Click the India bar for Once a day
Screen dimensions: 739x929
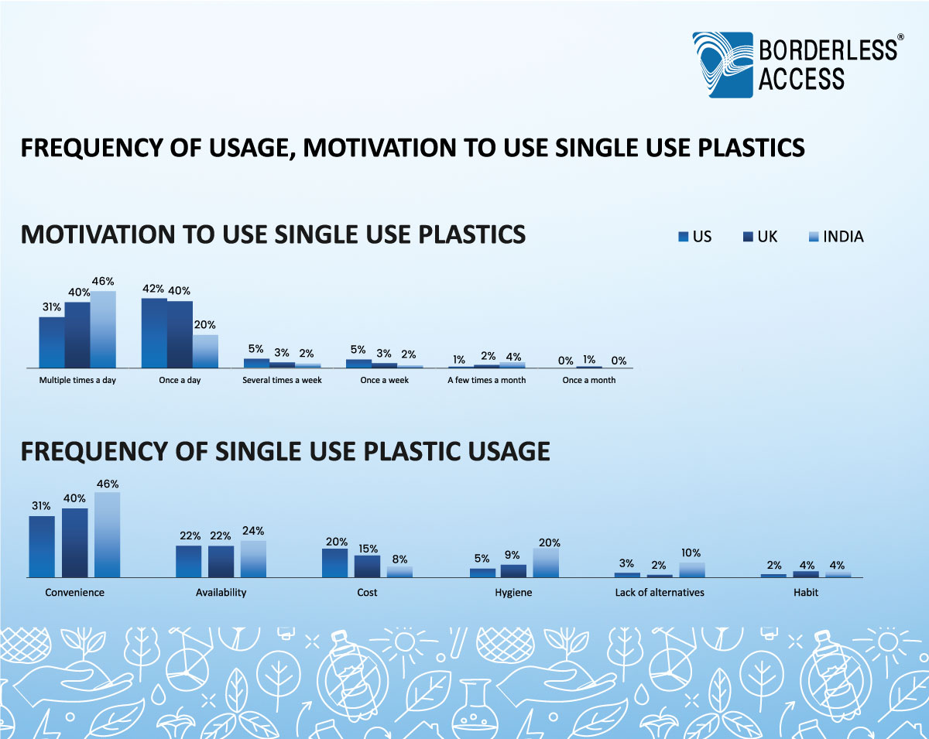coord(205,351)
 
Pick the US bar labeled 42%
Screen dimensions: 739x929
coord(154,333)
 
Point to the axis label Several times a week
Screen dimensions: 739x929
coord(282,381)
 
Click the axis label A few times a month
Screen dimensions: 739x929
coord(486,381)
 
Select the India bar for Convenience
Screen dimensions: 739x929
coord(108,535)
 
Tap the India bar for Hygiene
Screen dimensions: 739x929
coord(546,563)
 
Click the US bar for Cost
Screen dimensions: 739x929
coord(335,563)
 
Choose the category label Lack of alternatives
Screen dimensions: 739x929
coord(659,593)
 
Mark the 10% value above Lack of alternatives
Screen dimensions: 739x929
coord(691,553)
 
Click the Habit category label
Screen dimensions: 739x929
coord(805,593)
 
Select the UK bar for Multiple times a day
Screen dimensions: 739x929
coord(77,335)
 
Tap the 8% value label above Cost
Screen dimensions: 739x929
coord(399,559)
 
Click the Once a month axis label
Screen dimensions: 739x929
coord(589,381)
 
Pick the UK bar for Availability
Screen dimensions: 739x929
coord(221,562)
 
